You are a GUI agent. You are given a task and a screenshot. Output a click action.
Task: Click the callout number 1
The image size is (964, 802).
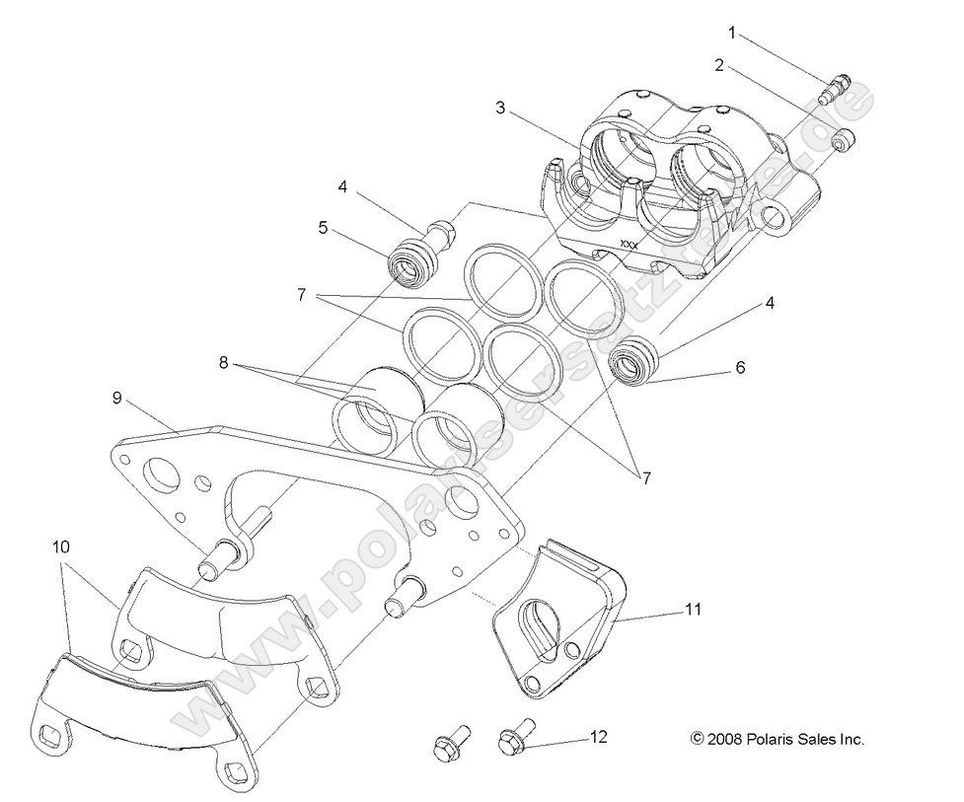pyautogui.click(x=731, y=32)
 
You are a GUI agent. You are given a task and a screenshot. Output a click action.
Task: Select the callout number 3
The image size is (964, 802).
pyautogui.click(x=501, y=108)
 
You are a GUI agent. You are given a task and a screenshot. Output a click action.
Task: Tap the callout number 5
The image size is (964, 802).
pyautogui.click(x=323, y=228)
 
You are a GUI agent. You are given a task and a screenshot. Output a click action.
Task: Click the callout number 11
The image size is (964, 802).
pyautogui.click(x=694, y=610)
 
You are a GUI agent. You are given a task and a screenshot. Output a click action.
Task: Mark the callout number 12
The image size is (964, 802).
pyautogui.click(x=598, y=736)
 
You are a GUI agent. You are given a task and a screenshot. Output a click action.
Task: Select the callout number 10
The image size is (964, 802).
pyautogui.click(x=61, y=546)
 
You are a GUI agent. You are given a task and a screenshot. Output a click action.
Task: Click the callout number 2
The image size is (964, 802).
pyautogui.click(x=719, y=66)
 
